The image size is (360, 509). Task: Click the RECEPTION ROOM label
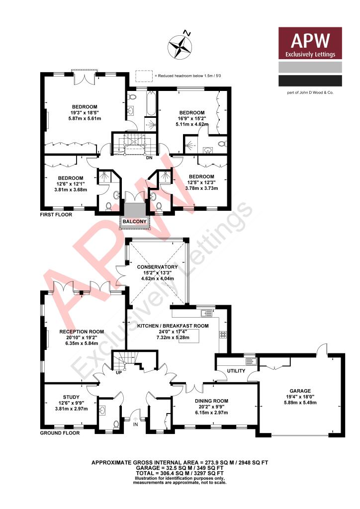click(x=82, y=331)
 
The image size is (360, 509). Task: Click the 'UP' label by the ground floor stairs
click(x=118, y=372)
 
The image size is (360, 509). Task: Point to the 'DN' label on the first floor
click(x=149, y=158)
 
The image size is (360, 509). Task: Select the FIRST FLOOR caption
click(x=58, y=215)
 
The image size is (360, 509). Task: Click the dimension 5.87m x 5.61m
click(x=84, y=119)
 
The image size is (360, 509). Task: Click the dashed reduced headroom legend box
click(x=144, y=76)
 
